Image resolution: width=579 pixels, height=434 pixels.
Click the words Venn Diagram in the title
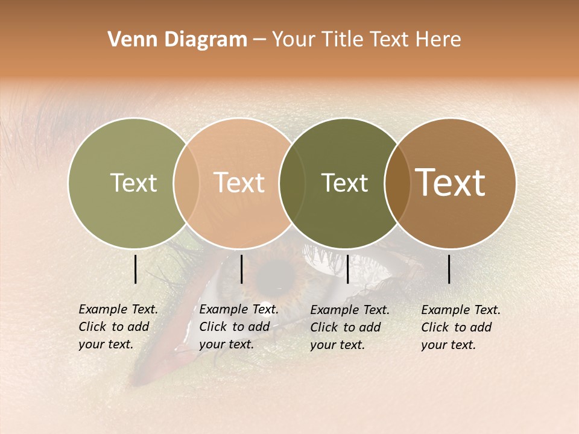[x=177, y=40]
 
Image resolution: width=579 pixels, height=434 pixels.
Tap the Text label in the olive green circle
[x=133, y=183]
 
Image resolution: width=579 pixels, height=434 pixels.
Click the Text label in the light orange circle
[x=239, y=183]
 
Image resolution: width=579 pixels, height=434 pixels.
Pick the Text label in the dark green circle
[x=344, y=183]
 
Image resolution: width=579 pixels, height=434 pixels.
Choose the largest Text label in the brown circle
[x=450, y=183]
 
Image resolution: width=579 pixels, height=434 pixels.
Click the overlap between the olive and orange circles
[x=186, y=183]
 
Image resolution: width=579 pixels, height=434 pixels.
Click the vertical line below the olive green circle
[x=135, y=269]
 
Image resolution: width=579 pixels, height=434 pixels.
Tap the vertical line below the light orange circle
[x=241, y=269]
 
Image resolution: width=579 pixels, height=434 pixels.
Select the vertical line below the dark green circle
[x=347, y=269]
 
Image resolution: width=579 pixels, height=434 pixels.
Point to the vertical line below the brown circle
[x=449, y=269]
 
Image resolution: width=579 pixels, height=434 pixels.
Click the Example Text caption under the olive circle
[x=118, y=327]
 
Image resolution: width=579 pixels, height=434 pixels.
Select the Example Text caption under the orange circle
[x=238, y=327]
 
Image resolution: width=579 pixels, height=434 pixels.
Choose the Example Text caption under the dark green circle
[x=349, y=327]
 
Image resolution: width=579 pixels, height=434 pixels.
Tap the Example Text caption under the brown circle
[x=460, y=327]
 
